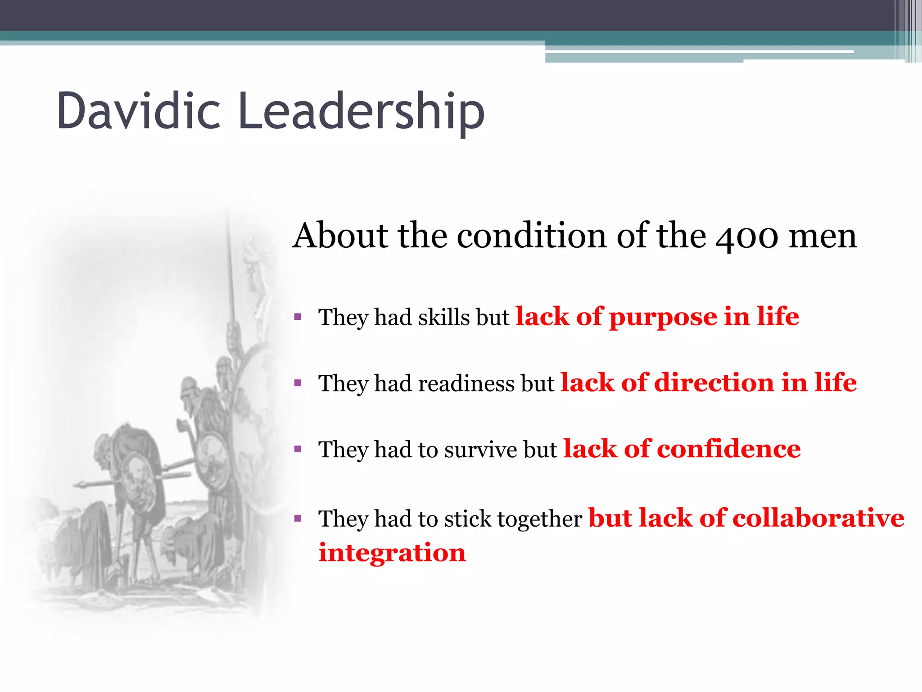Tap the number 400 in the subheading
click(x=747, y=236)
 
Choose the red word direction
click(x=714, y=382)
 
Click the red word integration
click(x=392, y=553)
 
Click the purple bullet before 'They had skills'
click(x=298, y=317)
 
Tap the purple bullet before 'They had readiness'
click(x=298, y=383)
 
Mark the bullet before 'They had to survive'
click(x=298, y=449)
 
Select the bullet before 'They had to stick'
click(x=298, y=519)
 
